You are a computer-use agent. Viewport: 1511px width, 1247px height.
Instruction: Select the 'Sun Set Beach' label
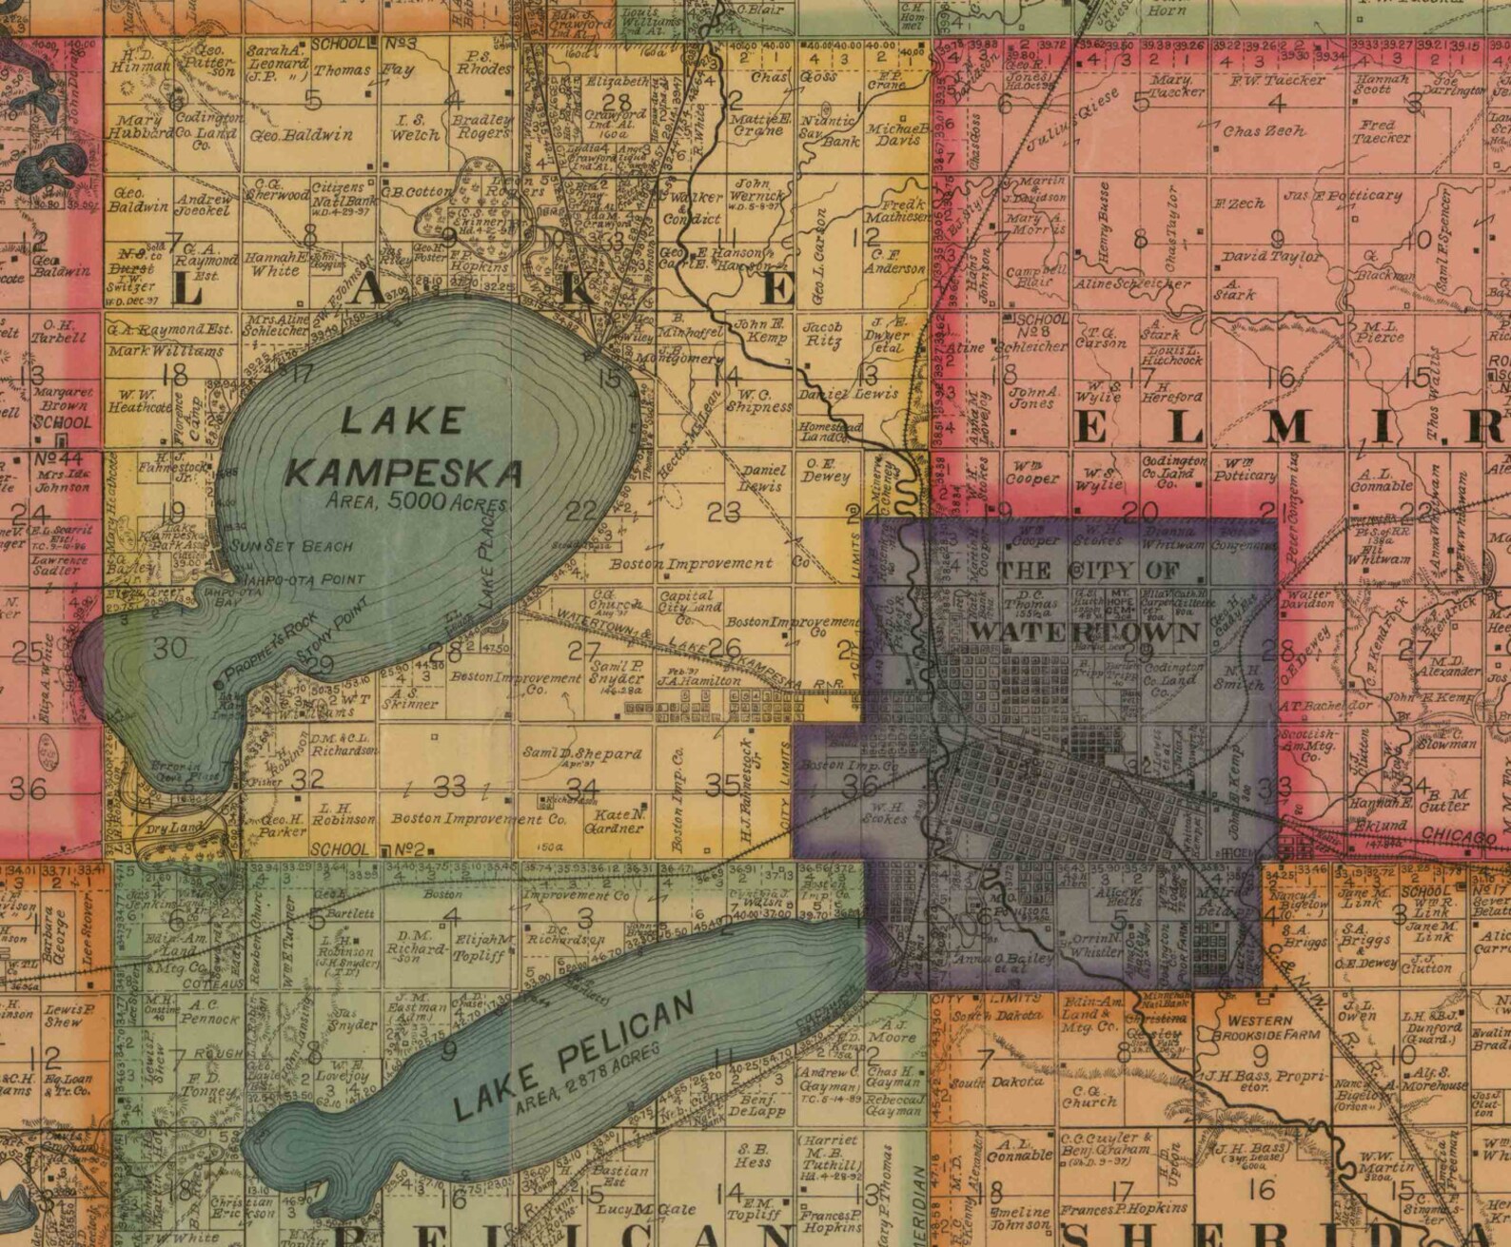pos(291,547)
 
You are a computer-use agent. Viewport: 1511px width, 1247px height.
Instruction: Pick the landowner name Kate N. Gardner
pos(619,821)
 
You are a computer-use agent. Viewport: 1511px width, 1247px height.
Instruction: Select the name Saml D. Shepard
pos(582,753)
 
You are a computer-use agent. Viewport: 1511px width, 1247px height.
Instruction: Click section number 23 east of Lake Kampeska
pos(723,513)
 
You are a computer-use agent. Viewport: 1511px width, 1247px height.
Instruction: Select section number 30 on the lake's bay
pos(171,649)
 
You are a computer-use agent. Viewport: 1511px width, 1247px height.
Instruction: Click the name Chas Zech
pos(1264,131)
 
